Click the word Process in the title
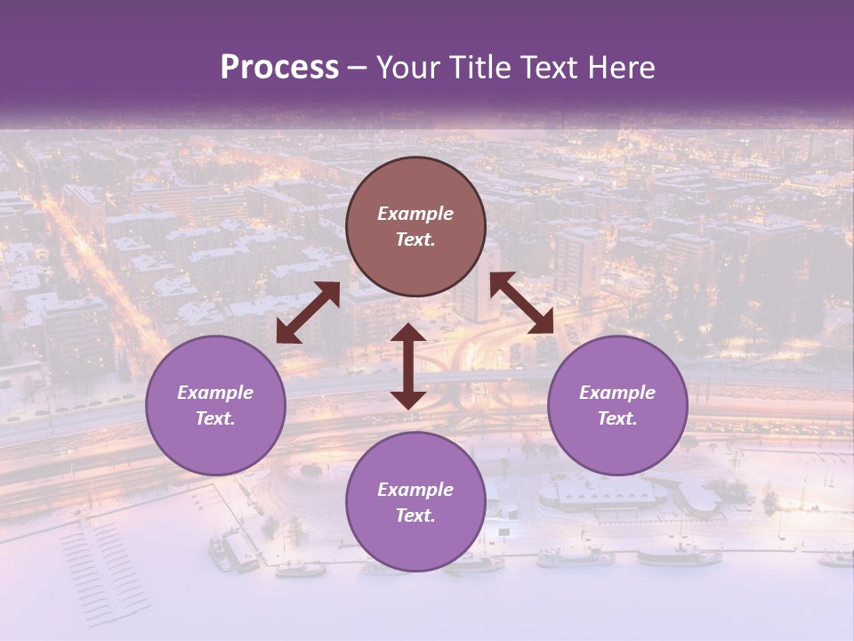[279, 68]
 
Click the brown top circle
[415, 227]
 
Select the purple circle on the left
[215, 406]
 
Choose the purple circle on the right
[617, 406]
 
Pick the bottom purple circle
[415, 502]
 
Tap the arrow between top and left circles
[308, 312]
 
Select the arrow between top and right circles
[522, 303]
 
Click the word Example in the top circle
[415, 214]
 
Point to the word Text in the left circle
[215, 419]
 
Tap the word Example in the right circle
[617, 393]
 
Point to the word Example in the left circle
[215, 393]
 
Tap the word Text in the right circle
[616, 419]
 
